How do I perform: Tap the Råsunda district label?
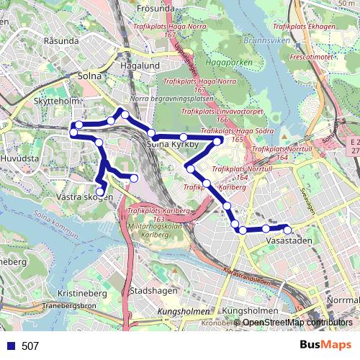pos(60,41)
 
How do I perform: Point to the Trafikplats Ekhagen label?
pos(305,27)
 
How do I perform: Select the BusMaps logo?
pos(325,346)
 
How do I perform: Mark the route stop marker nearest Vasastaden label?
pos(287,230)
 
